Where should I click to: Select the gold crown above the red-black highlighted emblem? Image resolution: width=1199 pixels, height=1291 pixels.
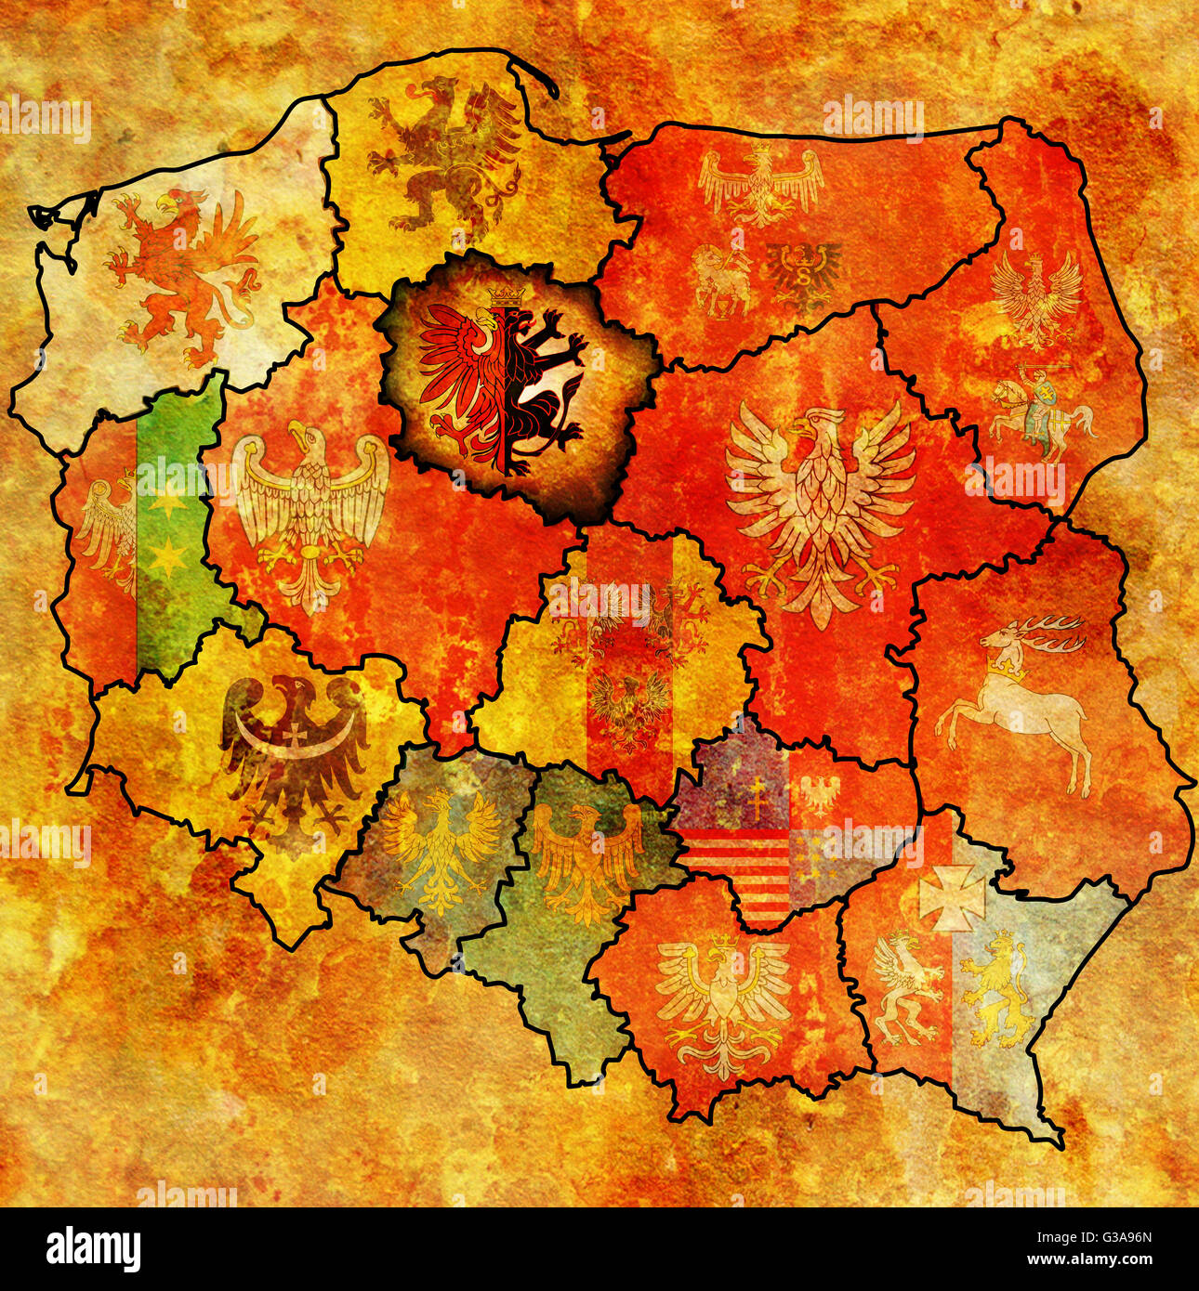tap(505, 295)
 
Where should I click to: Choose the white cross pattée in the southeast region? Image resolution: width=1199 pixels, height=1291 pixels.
tap(951, 897)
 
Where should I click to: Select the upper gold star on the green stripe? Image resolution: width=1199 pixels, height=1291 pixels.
tap(167, 502)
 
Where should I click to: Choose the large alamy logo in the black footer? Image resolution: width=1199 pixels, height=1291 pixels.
tap(93, 1247)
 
